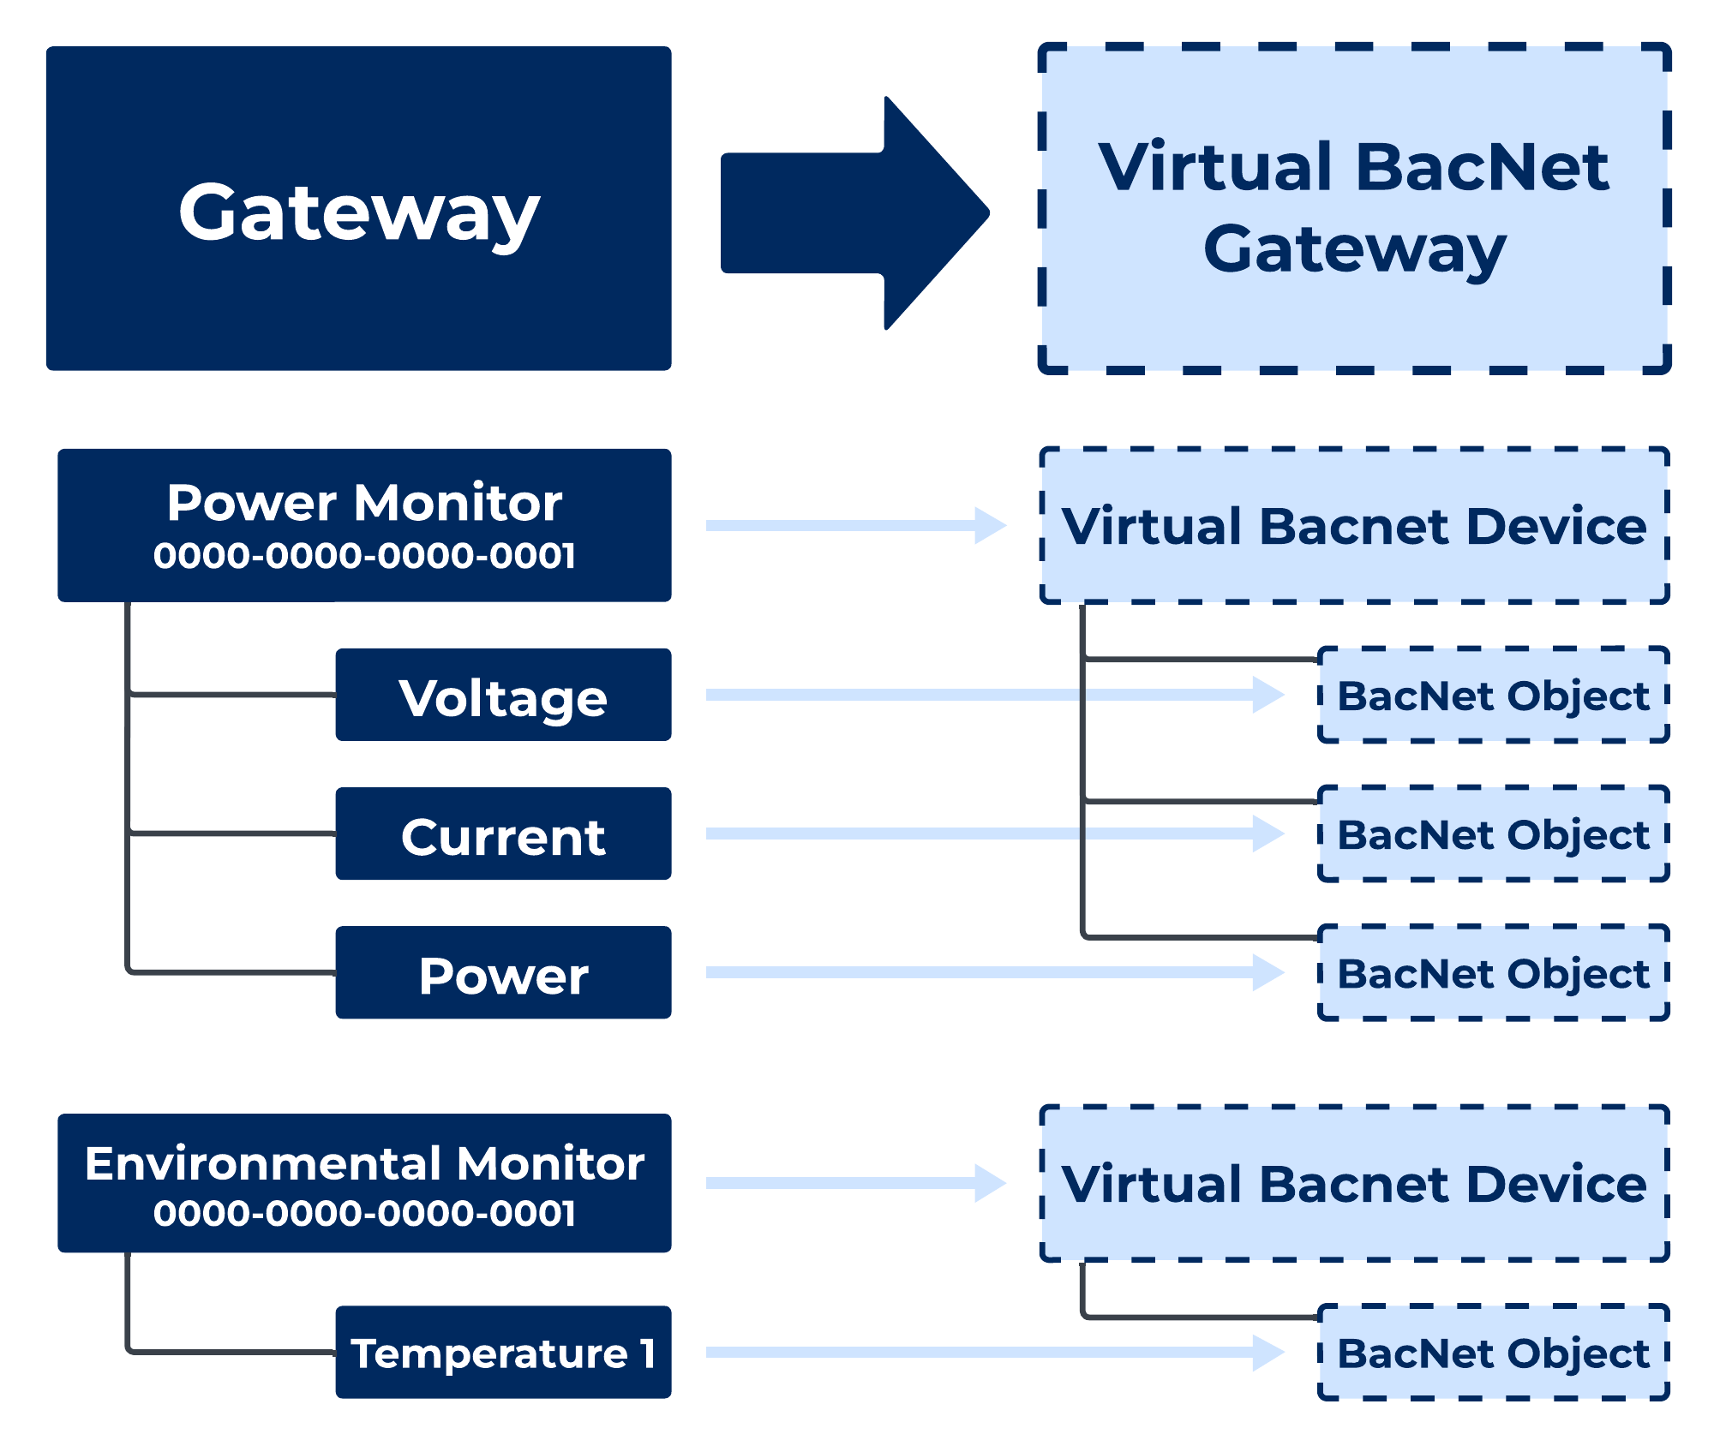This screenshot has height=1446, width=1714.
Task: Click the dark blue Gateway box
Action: tap(358, 208)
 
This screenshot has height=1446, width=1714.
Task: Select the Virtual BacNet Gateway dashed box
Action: tap(1354, 208)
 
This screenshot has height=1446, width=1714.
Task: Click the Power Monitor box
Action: tap(364, 524)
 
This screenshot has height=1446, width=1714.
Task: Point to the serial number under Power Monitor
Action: tap(364, 556)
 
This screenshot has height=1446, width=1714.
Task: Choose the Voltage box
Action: tap(503, 695)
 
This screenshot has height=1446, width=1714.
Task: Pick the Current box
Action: tap(503, 834)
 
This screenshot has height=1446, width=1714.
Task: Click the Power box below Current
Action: tap(503, 972)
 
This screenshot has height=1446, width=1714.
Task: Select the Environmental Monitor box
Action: tap(364, 1182)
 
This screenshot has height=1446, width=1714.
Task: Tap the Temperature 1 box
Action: tap(503, 1352)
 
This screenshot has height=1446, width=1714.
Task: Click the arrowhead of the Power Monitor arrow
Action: tap(990, 525)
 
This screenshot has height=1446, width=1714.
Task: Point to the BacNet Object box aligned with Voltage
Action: tap(1493, 695)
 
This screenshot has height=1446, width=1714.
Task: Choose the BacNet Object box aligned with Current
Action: tap(1493, 834)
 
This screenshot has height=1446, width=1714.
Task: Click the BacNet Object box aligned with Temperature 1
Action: tap(1493, 1353)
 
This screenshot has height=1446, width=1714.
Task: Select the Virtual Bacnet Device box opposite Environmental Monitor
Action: tap(1354, 1183)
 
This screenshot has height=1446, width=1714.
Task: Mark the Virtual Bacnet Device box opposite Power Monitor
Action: tap(1354, 525)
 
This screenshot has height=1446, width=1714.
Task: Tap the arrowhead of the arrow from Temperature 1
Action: tap(1268, 1353)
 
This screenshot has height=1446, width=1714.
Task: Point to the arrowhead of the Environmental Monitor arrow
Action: tap(990, 1183)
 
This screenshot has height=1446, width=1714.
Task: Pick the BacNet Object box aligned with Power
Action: tap(1493, 972)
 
